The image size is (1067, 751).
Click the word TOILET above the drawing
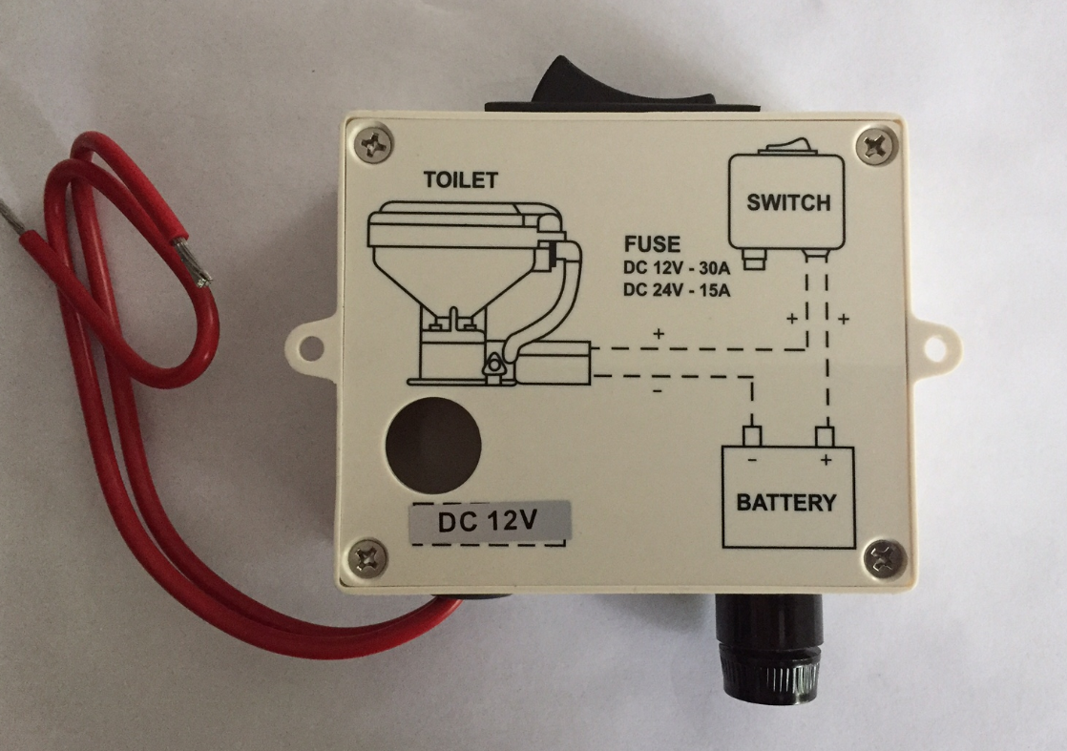pos(461,180)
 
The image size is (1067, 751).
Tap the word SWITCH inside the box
pos(787,203)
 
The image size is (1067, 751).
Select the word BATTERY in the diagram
pos(786,502)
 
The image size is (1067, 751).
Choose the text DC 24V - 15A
pos(679,289)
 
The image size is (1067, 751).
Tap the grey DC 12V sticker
pos(489,522)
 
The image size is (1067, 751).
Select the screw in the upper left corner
pos(373,144)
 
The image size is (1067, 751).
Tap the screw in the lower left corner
pos(368,556)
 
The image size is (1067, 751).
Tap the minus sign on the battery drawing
pos(752,460)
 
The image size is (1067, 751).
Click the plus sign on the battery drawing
pos(825,460)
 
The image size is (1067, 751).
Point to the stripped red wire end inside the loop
pos(194,263)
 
